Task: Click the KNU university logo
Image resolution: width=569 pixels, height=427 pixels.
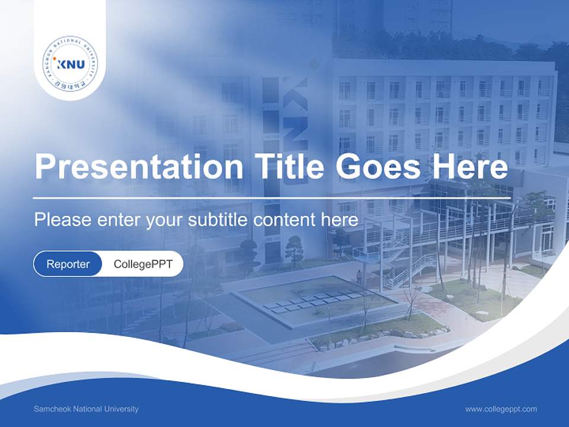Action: click(70, 64)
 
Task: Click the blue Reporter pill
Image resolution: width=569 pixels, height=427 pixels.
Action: click(68, 264)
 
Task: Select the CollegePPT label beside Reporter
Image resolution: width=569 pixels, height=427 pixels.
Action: click(143, 264)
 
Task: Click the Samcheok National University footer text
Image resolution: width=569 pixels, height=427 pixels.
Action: click(87, 409)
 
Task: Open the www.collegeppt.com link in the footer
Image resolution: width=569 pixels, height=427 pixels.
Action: click(501, 409)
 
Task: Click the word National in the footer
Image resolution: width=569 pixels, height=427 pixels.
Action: click(91, 409)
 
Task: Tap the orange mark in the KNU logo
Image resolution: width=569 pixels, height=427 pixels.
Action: click(55, 59)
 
